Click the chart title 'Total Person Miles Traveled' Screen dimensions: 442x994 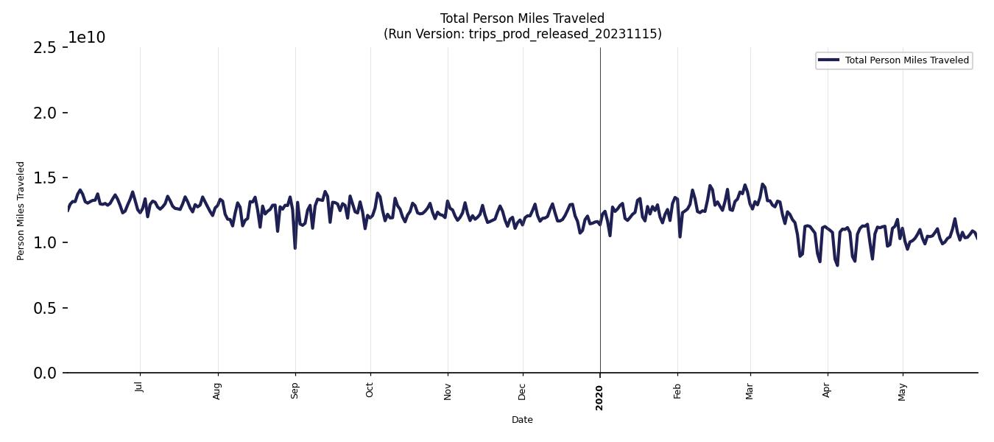(x=522, y=18)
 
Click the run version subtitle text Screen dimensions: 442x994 (x=522, y=34)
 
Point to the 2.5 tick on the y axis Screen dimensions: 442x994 (x=44, y=48)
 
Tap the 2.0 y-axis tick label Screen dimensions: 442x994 (x=44, y=113)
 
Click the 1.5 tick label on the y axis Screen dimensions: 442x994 (x=44, y=178)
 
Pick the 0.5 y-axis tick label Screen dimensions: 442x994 (x=44, y=308)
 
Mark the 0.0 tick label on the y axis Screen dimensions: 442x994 (x=44, y=373)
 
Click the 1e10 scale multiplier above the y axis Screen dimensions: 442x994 (x=87, y=38)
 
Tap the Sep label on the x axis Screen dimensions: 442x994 (x=295, y=390)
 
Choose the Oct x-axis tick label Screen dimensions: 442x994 (x=370, y=389)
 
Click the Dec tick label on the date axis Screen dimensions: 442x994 (x=523, y=390)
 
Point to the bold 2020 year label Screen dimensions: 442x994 (x=599, y=397)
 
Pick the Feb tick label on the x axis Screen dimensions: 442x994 (x=677, y=390)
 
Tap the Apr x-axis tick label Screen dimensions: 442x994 (x=827, y=389)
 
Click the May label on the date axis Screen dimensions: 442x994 (x=902, y=390)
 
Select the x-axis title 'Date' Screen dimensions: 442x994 (x=522, y=420)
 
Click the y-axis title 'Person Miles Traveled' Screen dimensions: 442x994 (x=21, y=211)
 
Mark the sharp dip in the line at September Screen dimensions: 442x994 (x=295, y=248)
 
